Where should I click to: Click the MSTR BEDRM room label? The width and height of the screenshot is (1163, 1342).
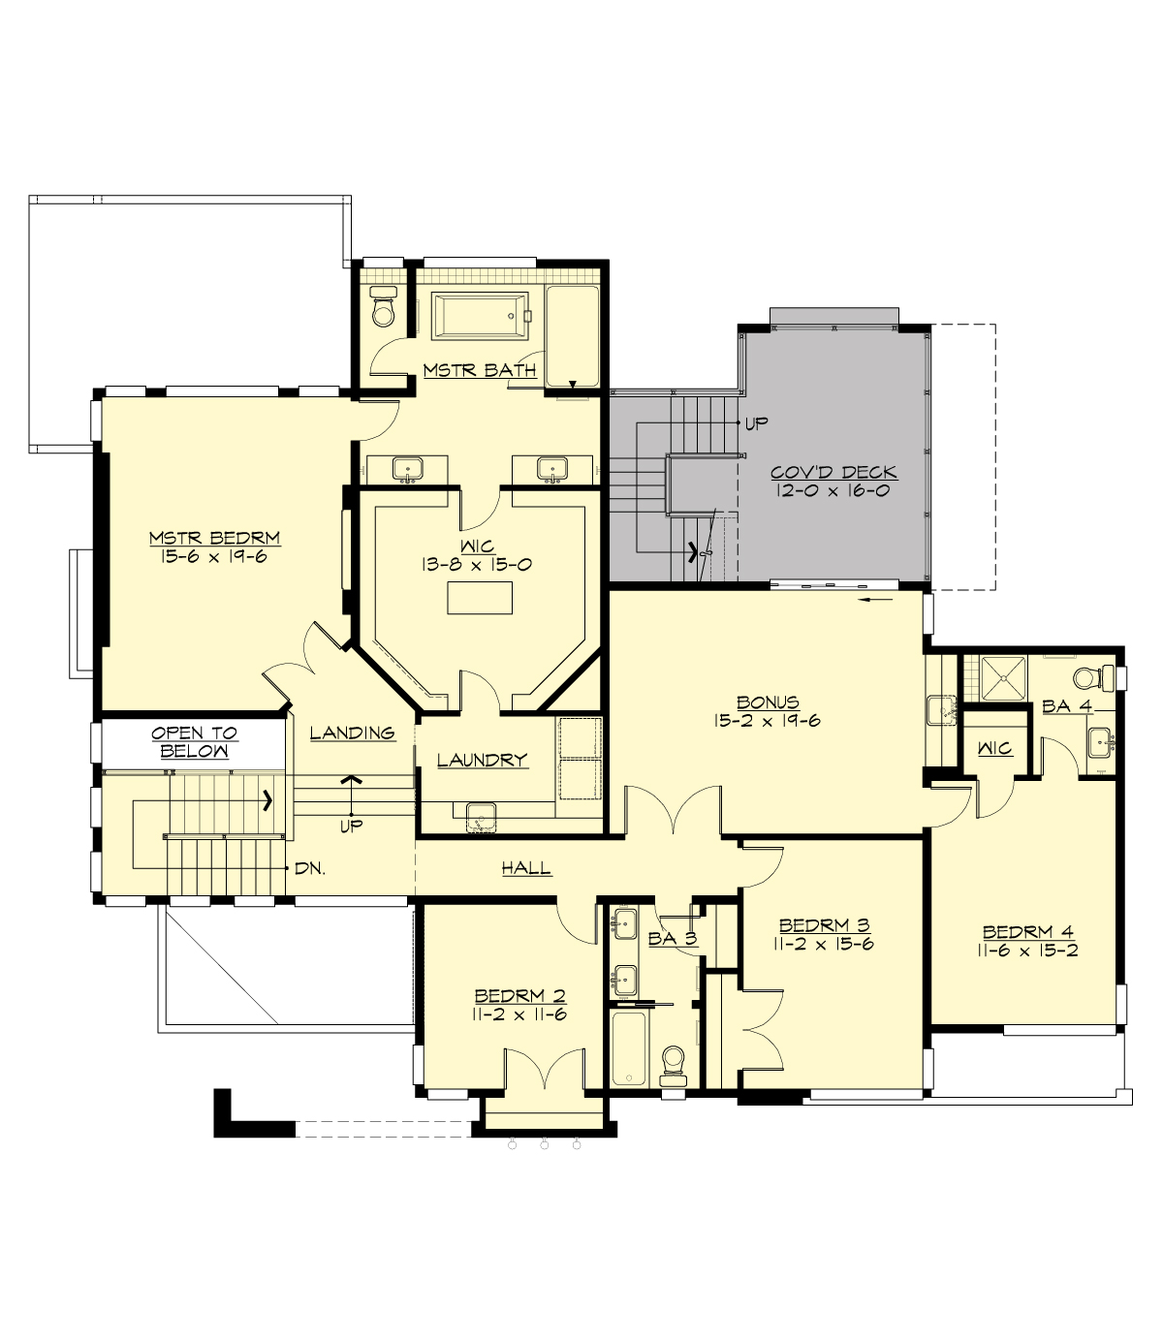coord(214,538)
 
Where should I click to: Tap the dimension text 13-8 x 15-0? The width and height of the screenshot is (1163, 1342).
coord(477,565)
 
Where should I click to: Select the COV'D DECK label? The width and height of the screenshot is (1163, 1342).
coord(833,473)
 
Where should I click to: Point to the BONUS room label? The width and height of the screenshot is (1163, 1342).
coord(768,702)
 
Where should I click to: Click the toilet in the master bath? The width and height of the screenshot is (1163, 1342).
coord(384,308)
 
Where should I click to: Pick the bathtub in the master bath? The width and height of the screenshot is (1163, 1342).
coord(480,316)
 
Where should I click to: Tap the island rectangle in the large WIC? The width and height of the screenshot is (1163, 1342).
coord(479,598)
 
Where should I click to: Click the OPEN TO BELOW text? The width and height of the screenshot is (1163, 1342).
coord(194,742)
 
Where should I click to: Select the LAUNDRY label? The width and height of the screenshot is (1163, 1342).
coord(482,761)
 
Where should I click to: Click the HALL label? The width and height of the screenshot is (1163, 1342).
coord(526,869)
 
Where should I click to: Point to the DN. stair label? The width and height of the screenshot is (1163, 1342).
coord(310,869)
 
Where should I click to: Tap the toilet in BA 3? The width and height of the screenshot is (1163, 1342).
coord(672,1065)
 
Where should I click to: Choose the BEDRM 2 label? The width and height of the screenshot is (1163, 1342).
coord(519,996)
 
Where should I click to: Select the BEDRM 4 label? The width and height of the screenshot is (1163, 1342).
coord(1027,932)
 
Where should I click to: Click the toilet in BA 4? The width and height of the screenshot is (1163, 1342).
coord(1091,675)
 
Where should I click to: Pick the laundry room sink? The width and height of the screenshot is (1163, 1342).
coord(480,817)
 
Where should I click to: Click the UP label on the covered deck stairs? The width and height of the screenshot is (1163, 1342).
coord(756,424)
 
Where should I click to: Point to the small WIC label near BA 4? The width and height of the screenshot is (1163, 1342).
coord(994,748)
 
